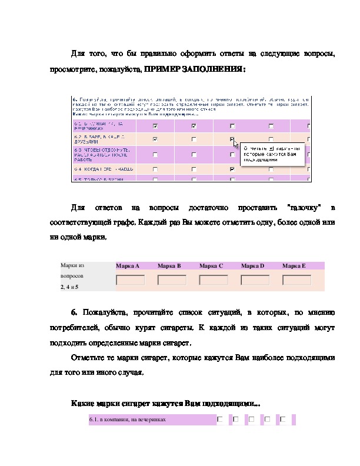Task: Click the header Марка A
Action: tap(128, 266)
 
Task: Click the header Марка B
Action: tap(169, 266)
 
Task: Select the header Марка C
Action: tap(211, 266)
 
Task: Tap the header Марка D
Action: tap(252, 266)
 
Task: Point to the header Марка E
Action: tap(294, 266)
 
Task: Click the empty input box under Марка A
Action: tap(131, 280)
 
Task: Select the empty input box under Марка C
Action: tap(214, 280)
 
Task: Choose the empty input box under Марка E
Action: tap(296, 280)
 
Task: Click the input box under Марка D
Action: tap(255, 280)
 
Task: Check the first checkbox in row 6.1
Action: tap(220, 420)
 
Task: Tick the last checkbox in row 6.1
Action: tap(283, 420)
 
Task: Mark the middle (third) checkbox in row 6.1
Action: tap(252, 420)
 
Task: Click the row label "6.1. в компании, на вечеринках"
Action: tap(127, 420)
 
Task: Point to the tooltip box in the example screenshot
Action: tap(272, 154)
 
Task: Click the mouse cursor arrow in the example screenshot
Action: tap(235, 143)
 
